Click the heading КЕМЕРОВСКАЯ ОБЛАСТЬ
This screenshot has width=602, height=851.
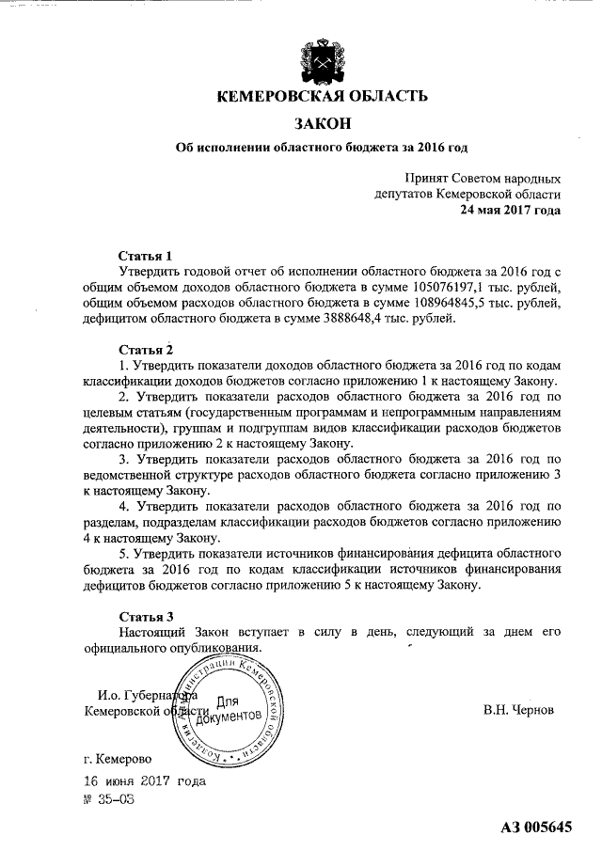[x=323, y=95]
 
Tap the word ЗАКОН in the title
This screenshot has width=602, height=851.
[x=323, y=123]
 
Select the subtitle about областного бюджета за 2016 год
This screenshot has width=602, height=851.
[x=323, y=148]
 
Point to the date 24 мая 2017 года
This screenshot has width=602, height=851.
[x=511, y=210]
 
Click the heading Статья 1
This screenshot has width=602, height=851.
[x=146, y=256]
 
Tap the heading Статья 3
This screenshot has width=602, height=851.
[x=146, y=618]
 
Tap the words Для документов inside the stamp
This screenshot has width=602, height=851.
[x=230, y=711]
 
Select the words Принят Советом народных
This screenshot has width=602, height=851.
[x=483, y=178]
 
